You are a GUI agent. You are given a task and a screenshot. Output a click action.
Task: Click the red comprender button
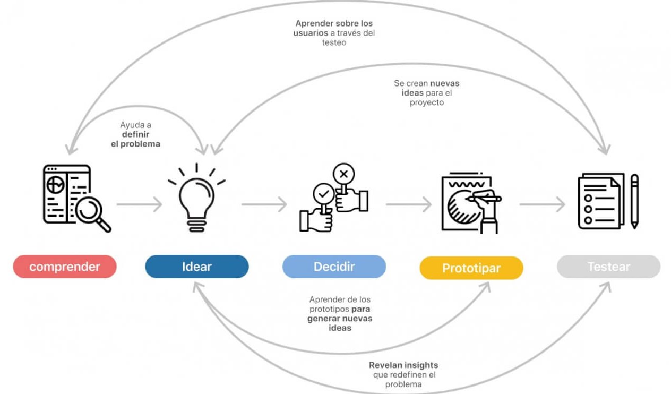pos(64,267)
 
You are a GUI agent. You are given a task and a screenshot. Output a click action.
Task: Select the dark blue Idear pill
pos(196,267)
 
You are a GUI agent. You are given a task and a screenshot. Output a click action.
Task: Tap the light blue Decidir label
pos(334,267)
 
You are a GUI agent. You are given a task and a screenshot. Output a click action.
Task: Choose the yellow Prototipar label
pos(471,268)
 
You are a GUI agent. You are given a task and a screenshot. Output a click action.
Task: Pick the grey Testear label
pos(608,267)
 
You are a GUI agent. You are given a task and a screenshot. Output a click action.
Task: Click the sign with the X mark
pos(344,174)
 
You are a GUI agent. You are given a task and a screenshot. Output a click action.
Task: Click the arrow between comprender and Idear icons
pos(139,204)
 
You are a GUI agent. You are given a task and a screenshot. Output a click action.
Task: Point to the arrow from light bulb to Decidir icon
pos(264,204)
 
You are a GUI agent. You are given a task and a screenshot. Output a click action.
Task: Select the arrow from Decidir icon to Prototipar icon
pos(408,204)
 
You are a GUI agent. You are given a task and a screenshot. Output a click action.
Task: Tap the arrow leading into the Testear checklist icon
pos(542,204)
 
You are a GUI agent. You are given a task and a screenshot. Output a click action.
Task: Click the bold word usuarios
pos(307,33)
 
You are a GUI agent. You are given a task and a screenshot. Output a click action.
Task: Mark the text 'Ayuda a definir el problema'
pos(135,134)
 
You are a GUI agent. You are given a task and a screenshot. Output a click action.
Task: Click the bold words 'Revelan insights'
pos(403,365)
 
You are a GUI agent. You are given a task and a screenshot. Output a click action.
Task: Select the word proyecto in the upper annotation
pos(426,102)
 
